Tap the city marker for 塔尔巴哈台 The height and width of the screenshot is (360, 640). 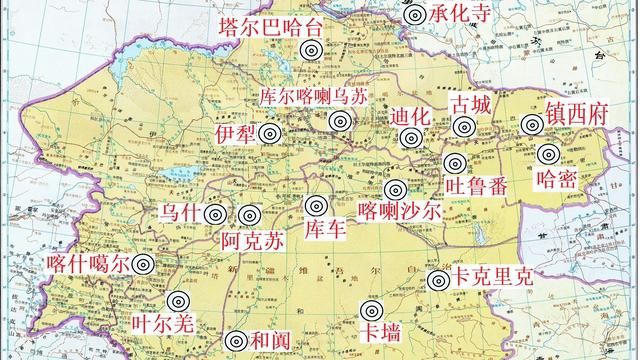(x=311, y=51)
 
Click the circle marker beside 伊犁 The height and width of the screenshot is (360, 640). (x=269, y=134)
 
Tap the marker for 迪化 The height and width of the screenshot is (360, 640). (x=410, y=139)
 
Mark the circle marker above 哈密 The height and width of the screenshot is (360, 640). (x=547, y=155)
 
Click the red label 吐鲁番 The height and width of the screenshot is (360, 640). (x=475, y=186)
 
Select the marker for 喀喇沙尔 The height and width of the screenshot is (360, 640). (x=396, y=189)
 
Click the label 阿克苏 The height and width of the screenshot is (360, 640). (x=253, y=240)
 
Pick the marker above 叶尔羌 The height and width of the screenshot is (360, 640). (x=179, y=301)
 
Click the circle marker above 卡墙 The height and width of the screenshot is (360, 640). (x=373, y=313)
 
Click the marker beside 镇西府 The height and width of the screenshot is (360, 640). (x=530, y=125)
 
